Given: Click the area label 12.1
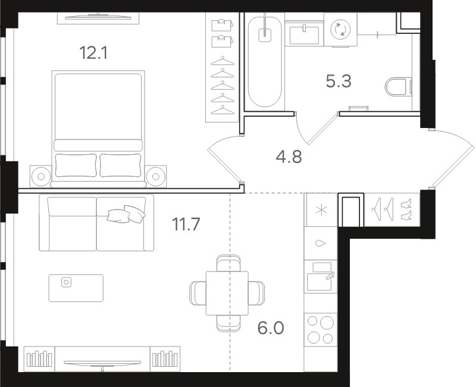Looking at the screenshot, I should click(93, 53).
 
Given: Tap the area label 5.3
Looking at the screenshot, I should click(339, 81).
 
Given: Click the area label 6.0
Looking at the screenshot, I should click(270, 328).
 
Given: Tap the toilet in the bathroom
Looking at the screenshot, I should click(398, 88).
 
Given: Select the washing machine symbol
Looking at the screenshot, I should click(341, 29).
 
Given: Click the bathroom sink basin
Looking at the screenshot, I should click(305, 33).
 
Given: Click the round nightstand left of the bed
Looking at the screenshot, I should click(40, 176).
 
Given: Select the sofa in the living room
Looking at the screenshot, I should click(96, 223).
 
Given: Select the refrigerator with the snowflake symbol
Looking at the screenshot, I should click(321, 210).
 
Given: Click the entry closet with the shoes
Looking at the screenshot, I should click(392, 209).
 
